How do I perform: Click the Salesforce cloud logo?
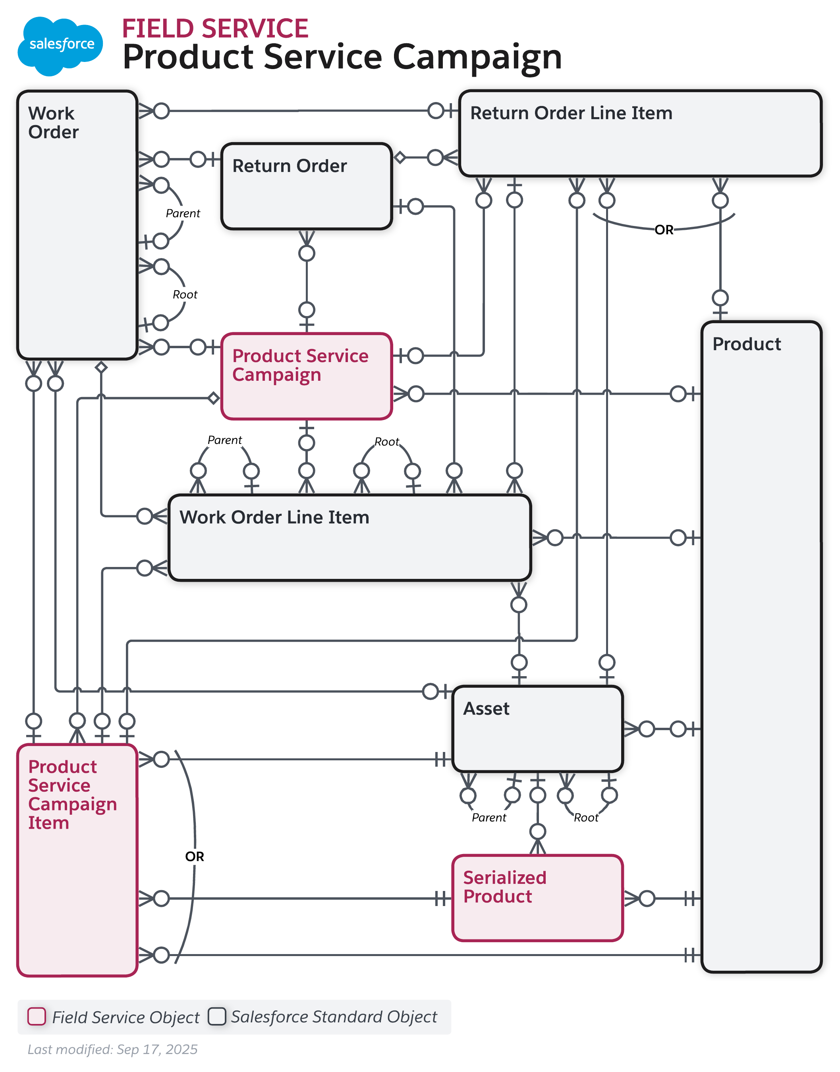pos(60,45)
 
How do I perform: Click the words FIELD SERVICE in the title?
pos(215,29)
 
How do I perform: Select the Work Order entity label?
pos(53,123)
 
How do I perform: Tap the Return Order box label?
pos(289,166)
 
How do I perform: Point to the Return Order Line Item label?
pos(571,114)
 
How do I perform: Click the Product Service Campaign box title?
pos(300,365)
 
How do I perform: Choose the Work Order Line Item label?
pos(274,518)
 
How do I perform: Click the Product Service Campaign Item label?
pos(72,794)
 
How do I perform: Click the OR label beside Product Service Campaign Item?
pos(194,857)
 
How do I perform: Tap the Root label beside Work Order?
pos(185,295)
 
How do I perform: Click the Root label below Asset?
pos(586,818)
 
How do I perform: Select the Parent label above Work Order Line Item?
pos(225,440)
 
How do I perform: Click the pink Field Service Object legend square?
pos(37,1016)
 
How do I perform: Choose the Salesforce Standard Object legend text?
pos(334,1017)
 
